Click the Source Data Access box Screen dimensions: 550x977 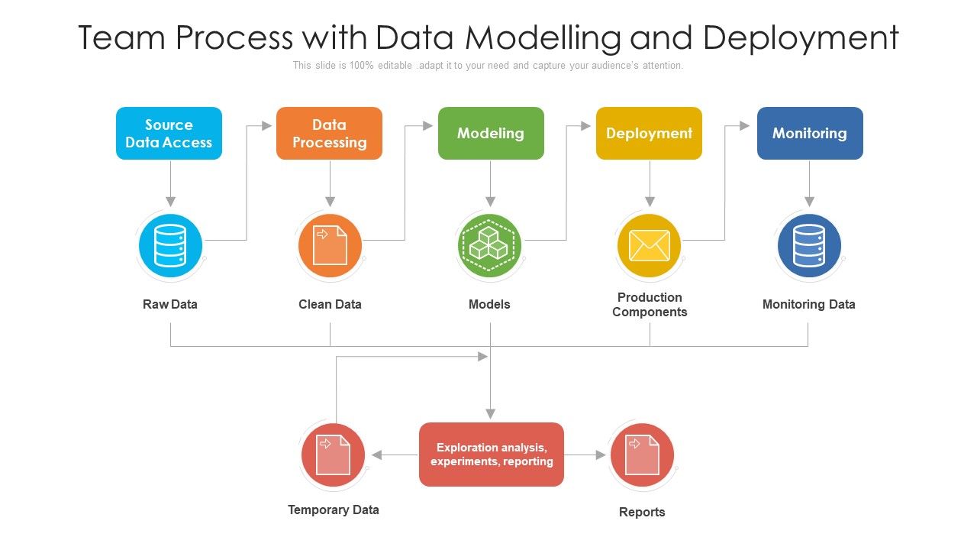(x=169, y=133)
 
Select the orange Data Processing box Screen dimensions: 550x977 (x=329, y=133)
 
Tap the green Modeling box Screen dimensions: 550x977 (x=491, y=133)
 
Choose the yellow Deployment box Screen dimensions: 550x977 (x=649, y=133)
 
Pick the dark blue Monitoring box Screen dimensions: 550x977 (x=810, y=133)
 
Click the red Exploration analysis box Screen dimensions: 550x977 (x=492, y=455)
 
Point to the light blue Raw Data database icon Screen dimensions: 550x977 (x=170, y=246)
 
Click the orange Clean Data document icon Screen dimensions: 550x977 (x=330, y=246)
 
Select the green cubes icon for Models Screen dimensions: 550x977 (x=490, y=246)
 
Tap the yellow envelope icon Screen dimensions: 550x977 (x=650, y=246)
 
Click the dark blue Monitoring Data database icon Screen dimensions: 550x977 (x=809, y=246)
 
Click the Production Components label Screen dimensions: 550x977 (x=650, y=304)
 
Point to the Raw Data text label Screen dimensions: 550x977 (x=170, y=304)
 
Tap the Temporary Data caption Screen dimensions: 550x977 (x=334, y=510)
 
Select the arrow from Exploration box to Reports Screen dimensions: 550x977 (x=585, y=455)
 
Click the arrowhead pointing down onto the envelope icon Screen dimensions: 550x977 (x=650, y=202)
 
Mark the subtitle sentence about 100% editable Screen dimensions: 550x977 (x=488, y=66)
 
